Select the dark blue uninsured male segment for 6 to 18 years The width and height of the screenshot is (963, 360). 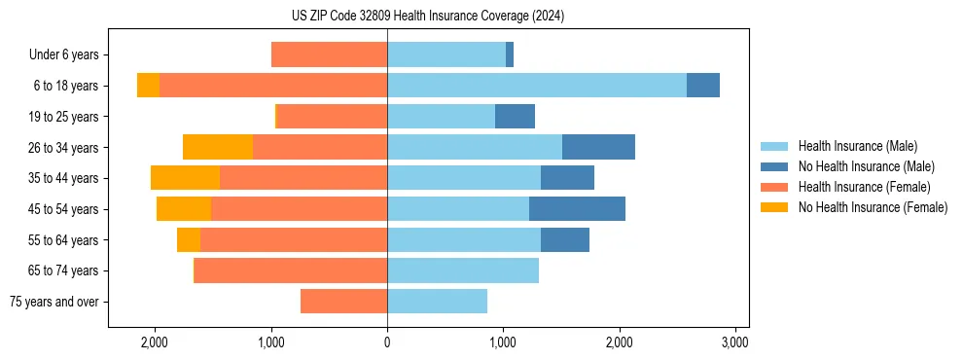click(x=703, y=86)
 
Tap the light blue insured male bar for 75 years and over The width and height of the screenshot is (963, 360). click(x=437, y=302)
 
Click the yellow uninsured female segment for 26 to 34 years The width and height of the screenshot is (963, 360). click(x=218, y=147)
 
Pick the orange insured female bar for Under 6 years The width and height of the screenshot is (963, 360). click(x=329, y=54)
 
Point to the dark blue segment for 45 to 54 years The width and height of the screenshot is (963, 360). click(x=577, y=209)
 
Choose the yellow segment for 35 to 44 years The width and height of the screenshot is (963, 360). click(x=185, y=178)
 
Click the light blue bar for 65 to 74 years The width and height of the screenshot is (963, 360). click(x=463, y=270)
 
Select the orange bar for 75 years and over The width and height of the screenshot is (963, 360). click(x=343, y=302)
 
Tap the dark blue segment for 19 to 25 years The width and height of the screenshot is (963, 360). click(x=515, y=117)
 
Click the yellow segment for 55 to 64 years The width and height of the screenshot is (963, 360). click(x=189, y=239)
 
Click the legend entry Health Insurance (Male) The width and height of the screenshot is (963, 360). click(x=857, y=146)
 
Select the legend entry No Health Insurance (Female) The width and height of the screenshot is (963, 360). click(x=873, y=207)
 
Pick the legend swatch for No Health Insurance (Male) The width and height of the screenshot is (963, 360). click(x=774, y=166)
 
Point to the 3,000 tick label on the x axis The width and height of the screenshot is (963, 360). click(x=735, y=342)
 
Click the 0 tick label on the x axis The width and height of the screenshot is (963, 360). click(x=387, y=342)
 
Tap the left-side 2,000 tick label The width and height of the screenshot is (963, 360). click(x=155, y=342)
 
